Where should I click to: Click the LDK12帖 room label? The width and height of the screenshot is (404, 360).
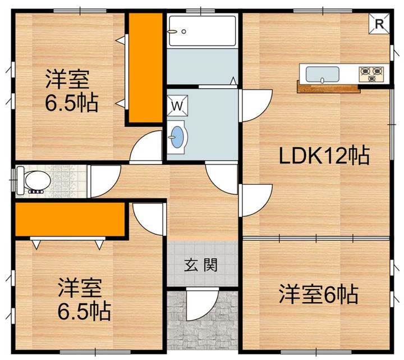pyautogui.click(x=324, y=155)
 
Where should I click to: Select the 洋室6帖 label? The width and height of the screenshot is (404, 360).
pyautogui.click(x=319, y=294)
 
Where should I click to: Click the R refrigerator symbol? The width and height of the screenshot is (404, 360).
pyautogui.click(x=380, y=24)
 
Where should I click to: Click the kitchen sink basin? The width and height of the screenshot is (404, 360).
pyautogui.click(x=321, y=74)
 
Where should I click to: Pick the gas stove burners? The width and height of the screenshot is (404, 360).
pyautogui.click(x=371, y=74)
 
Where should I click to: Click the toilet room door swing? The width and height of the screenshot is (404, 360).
pyautogui.click(x=104, y=181)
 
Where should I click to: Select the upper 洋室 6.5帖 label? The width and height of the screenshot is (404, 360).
pyautogui.click(x=70, y=90)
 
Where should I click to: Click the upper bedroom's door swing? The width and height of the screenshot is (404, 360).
pyautogui.click(x=148, y=147)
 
